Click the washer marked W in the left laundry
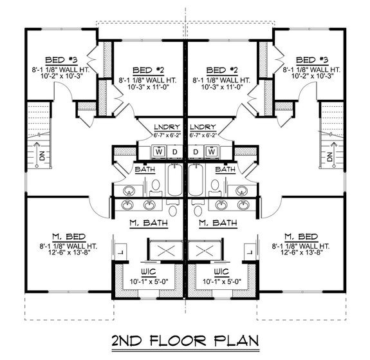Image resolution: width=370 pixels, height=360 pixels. tap(159, 151)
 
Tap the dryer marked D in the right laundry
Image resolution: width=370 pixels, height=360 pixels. tap(196, 151)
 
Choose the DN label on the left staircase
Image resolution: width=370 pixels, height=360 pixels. tap(40, 156)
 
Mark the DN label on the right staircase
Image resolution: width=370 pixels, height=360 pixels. tap(330, 156)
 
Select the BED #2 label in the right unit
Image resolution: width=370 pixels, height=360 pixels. tap(214, 69)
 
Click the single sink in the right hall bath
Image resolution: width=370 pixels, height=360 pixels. tap(242, 189)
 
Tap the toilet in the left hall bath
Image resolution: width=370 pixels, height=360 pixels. tap(154, 185)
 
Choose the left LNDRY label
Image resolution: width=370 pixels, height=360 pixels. tap(167, 127)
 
